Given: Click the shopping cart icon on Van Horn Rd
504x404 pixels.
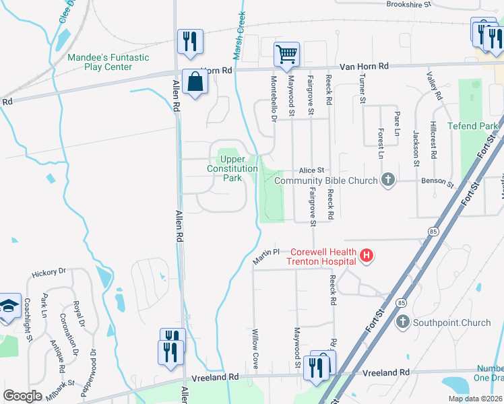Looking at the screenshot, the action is [x=287, y=55].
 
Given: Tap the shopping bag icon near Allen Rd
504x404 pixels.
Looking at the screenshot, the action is [x=195, y=81].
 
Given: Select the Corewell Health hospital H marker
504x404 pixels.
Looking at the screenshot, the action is [x=366, y=255].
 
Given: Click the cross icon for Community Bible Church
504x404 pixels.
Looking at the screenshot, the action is [x=387, y=180].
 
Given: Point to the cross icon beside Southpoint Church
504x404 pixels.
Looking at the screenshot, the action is [x=404, y=323].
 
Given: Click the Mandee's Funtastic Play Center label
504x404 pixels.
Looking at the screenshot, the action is [x=108, y=62].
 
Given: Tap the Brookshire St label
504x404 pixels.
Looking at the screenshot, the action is [x=408, y=4].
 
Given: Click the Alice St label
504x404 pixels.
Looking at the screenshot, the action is [x=312, y=170].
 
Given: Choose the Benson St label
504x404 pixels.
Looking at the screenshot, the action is [x=438, y=182].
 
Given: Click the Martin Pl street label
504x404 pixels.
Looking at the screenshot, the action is [x=265, y=255].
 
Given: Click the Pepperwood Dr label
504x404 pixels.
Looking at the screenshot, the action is [x=94, y=371].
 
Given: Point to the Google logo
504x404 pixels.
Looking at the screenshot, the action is [x=22, y=396].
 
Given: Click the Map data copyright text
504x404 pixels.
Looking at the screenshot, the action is [x=474, y=399].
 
